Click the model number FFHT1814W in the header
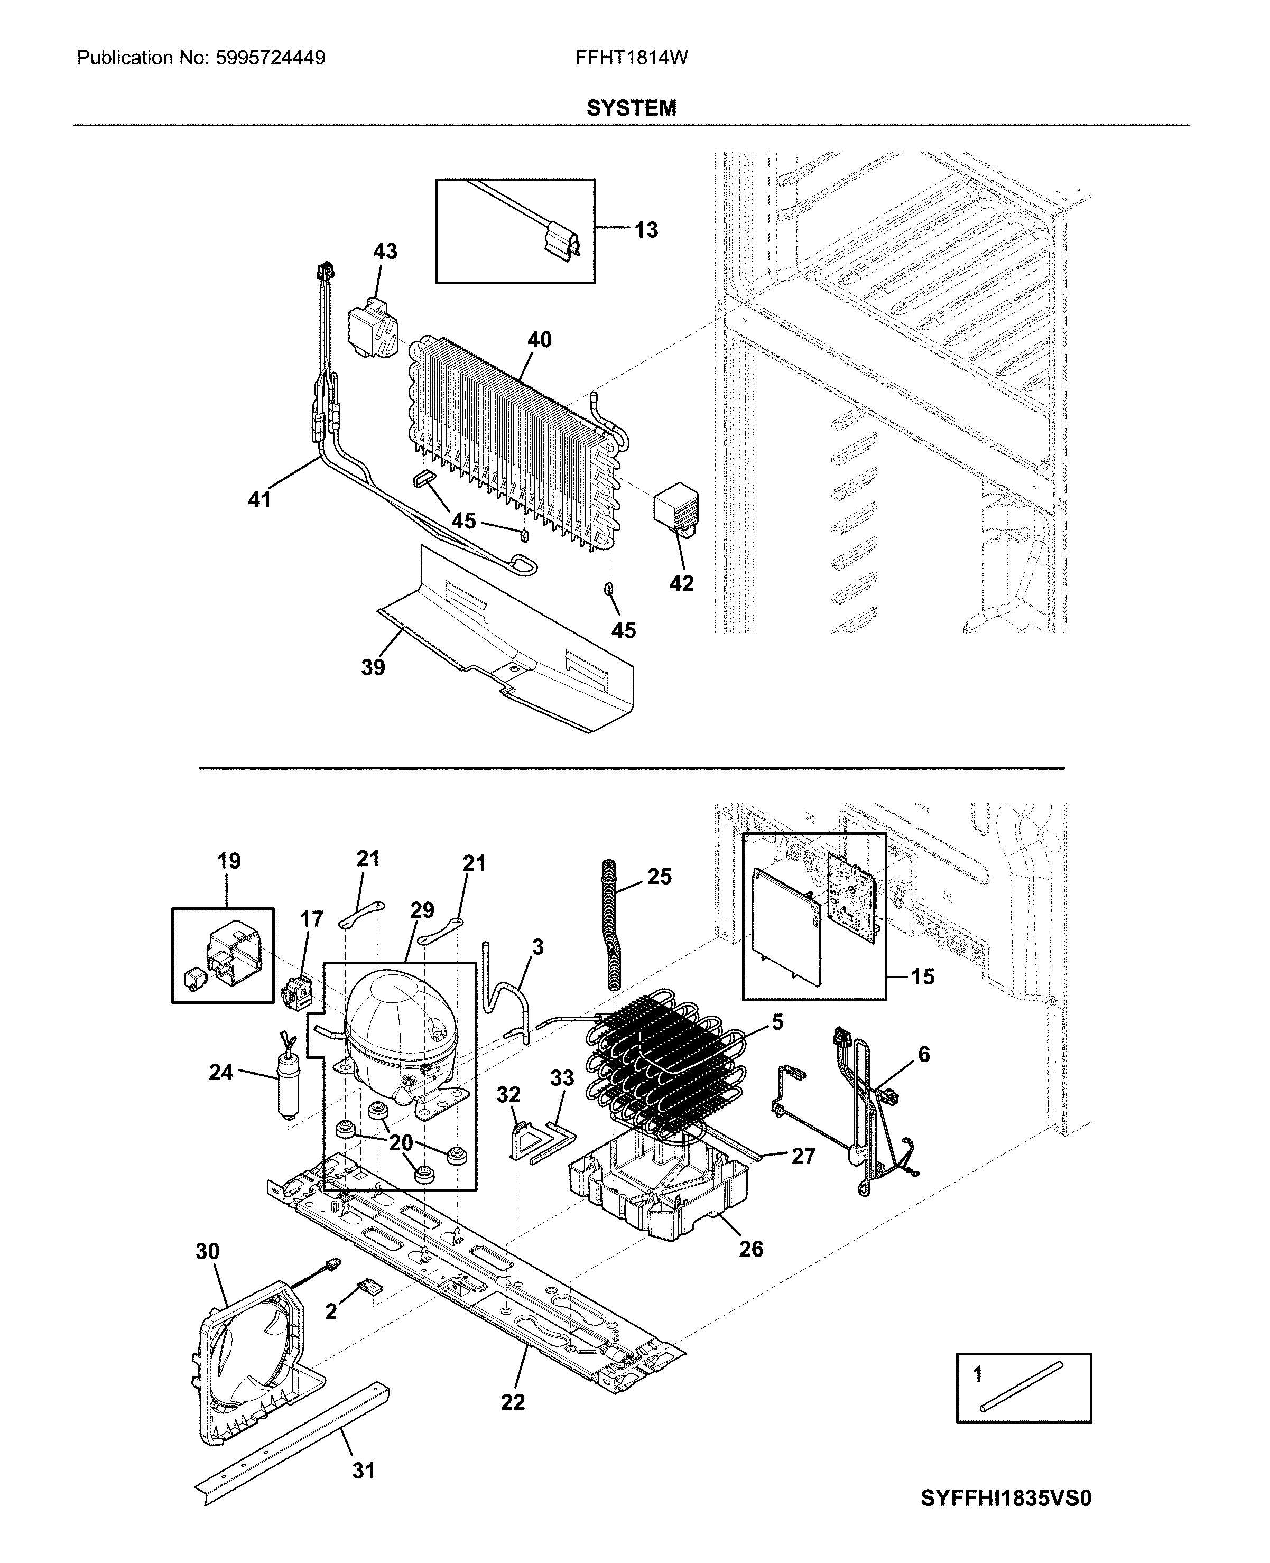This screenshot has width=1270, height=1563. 631,58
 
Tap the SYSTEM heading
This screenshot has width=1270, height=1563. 631,108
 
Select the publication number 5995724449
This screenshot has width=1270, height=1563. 271,58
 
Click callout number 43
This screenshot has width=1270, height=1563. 385,251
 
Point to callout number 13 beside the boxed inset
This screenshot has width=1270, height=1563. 646,230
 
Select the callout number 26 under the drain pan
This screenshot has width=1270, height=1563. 750,1249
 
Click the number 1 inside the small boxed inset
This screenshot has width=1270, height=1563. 977,1375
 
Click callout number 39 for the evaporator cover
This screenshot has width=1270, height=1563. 373,667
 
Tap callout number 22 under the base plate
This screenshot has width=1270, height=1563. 513,1402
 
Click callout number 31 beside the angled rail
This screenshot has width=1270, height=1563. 364,1470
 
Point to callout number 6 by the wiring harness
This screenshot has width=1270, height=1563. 924,1054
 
